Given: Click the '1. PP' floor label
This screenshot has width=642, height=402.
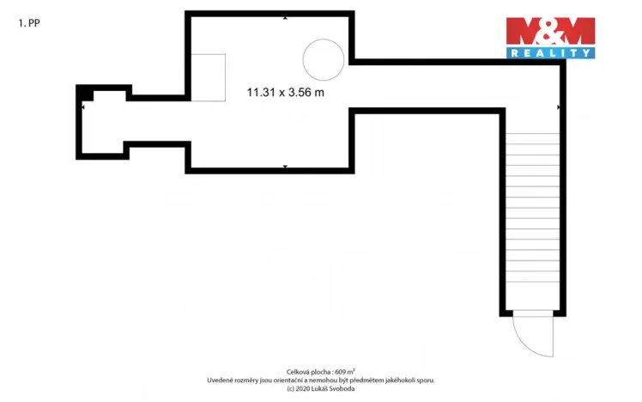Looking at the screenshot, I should (28, 24).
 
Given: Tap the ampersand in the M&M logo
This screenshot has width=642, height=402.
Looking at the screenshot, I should (550, 33).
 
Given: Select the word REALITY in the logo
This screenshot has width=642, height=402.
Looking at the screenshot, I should (550, 53).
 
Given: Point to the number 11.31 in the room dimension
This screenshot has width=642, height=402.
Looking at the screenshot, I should (261, 92).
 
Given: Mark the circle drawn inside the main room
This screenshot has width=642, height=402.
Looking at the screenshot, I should (323, 59).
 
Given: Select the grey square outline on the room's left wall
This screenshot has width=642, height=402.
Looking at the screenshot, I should (208, 77).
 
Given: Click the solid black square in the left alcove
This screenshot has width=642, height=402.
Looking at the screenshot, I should (85, 94).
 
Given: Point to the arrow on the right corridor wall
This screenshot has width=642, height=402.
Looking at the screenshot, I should (558, 107).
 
